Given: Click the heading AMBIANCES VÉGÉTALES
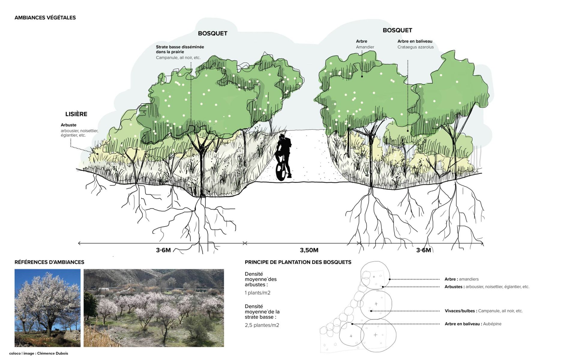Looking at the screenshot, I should [x=45, y=18].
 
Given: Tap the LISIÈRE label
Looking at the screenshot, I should [x=76, y=114].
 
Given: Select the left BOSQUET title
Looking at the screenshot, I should [x=212, y=34].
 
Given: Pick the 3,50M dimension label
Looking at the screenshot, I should [x=309, y=250].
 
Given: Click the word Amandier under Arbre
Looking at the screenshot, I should [x=365, y=47].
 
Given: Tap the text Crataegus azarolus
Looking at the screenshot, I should [x=415, y=47].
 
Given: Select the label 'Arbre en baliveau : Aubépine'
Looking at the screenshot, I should [x=473, y=324].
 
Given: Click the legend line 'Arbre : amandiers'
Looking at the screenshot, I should [x=461, y=279].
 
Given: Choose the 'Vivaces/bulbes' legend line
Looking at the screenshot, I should [x=483, y=311].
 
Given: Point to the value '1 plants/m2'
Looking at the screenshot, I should [x=257, y=293].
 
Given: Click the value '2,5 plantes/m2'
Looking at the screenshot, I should [x=262, y=325].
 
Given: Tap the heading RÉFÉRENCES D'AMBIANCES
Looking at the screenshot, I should [x=49, y=262].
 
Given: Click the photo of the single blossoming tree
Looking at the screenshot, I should [x=47, y=308].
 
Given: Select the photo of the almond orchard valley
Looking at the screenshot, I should [x=154, y=308].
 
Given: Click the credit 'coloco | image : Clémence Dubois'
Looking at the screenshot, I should [x=38, y=353].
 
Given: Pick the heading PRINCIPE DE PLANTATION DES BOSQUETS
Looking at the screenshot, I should [x=298, y=262].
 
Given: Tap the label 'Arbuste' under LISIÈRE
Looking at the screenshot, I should [x=68, y=125].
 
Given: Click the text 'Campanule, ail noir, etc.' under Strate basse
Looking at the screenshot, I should [x=178, y=58].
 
